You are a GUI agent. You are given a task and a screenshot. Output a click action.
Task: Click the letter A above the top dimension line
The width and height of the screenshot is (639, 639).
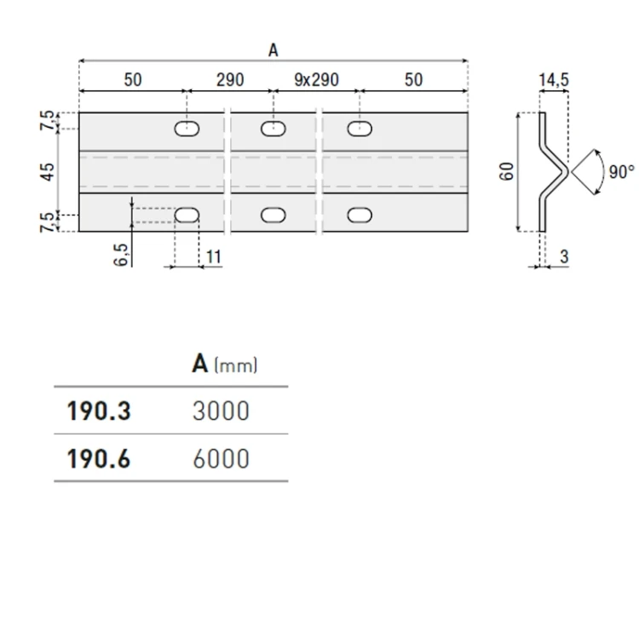273,50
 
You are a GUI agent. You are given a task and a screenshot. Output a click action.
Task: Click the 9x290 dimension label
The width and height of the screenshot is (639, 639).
316,80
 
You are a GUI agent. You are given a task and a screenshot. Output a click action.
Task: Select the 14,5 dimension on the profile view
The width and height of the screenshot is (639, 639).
554,80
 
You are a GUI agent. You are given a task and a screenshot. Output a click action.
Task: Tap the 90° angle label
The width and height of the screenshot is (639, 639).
621,171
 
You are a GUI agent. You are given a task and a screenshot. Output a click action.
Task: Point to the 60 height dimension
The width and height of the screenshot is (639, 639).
507,171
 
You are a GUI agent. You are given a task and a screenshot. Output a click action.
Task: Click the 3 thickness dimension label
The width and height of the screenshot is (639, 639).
564,256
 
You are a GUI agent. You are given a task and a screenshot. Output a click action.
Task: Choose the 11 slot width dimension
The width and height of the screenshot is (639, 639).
214,256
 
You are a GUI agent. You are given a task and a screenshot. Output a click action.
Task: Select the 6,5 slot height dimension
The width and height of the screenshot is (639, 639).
121,255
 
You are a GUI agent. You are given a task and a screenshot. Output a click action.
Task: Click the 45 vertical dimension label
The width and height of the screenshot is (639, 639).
48,172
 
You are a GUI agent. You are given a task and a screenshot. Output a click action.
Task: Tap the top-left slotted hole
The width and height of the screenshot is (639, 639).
187,129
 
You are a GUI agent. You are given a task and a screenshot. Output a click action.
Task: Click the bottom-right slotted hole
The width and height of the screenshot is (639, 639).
360,216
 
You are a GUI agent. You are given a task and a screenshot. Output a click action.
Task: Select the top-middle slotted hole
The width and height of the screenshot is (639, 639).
273,129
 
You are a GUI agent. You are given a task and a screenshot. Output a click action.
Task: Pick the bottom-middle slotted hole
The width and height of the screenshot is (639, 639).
273,216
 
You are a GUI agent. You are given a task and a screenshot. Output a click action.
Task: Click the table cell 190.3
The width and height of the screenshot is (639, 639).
99,411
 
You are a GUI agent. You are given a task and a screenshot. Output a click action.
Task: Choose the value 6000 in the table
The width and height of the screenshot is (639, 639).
221,459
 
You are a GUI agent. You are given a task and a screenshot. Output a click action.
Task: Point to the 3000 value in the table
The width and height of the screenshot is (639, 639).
221,411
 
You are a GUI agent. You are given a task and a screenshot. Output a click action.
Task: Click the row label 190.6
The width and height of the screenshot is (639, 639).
99,459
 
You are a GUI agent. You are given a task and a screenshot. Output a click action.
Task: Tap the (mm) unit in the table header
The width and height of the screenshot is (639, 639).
235,366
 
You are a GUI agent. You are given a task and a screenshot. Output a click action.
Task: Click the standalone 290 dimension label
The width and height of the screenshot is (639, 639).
230,80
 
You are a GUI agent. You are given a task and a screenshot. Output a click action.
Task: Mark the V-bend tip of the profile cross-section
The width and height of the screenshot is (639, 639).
567,172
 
